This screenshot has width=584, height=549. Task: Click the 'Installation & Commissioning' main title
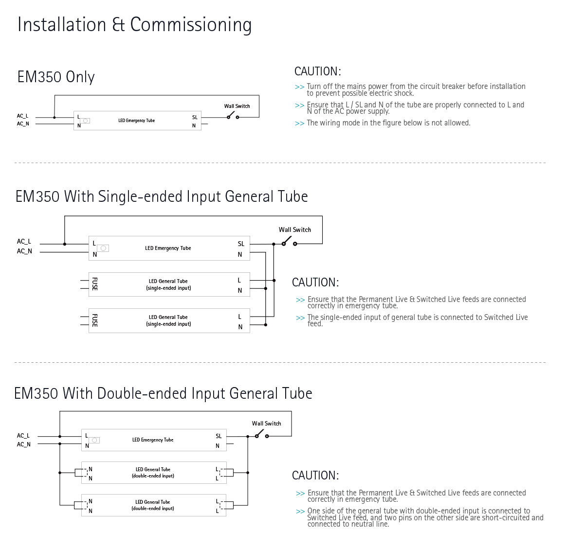(134, 25)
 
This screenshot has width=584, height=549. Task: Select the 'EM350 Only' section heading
(56, 77)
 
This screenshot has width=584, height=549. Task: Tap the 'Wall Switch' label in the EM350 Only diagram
(237, 106)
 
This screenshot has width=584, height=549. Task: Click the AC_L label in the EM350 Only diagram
(23, 116)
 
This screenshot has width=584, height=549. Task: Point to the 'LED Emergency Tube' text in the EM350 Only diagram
(136, 121)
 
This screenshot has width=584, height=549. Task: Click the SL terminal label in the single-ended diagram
(241, 244)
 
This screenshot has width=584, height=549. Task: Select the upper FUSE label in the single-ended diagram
(95, 284)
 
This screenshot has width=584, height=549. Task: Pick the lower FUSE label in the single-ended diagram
(95, 320)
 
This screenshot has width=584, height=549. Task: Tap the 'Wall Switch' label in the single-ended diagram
(295, 230)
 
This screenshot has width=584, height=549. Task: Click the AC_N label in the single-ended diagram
(24, 251)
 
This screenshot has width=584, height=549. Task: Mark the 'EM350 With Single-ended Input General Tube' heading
(162, 196)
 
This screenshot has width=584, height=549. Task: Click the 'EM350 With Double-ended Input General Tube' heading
(163, 393)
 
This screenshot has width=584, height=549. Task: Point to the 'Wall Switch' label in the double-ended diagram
(266, 424)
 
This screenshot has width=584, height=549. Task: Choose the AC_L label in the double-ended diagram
(23, 436)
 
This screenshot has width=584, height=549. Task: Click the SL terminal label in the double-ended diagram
(219, 436)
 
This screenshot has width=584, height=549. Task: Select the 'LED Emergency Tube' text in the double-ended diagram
(153, 440)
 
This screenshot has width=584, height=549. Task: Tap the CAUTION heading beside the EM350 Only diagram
(318, 71)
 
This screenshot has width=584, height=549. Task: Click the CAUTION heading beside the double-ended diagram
(315, 476)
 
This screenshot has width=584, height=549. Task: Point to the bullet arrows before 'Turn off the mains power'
(299, 87)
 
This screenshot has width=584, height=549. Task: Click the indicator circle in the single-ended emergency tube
(103, 248)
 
